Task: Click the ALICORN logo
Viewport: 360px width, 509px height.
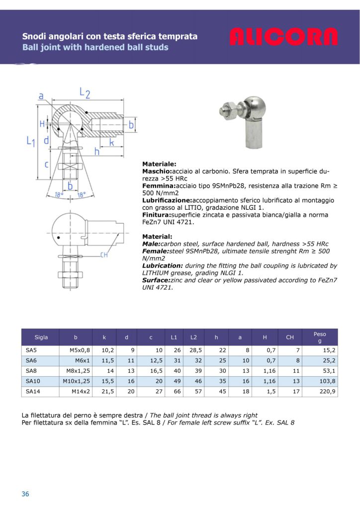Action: click(x=283, y=37)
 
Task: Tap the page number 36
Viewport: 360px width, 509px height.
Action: click(x=25, y=494)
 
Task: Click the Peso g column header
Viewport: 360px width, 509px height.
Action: click(x=319, y=338)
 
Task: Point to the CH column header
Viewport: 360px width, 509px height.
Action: click(x=290, y=338)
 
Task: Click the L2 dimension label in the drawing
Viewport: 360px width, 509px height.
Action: click(x=85, y=93)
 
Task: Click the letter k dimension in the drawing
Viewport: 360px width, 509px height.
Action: click(x=112, y=142)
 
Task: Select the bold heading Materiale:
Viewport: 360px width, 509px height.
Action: click(x=159, y=164)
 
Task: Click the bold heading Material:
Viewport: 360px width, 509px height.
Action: click(x=157, y=237)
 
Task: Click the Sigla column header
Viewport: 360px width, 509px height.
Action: click(x=41, y=338)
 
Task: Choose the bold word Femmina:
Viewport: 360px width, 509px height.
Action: click(x=159, y=185)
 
